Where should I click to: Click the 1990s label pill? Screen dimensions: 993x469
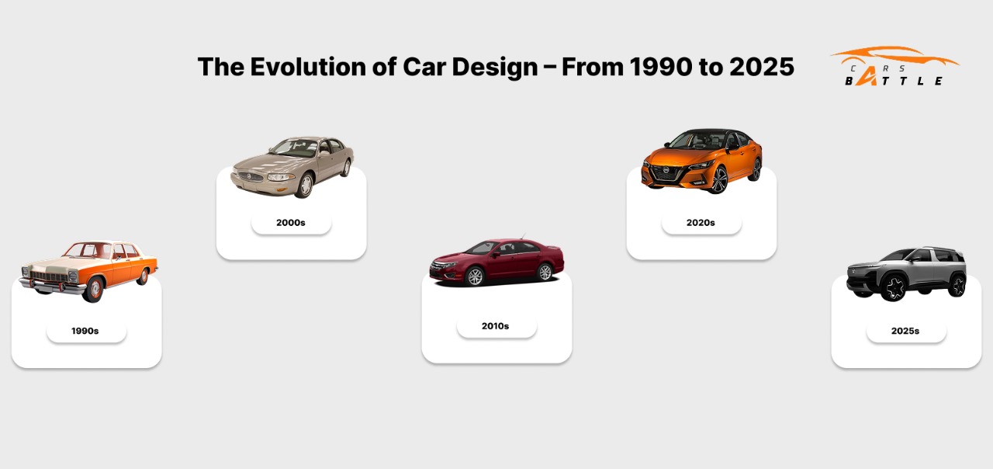[x=86, y=331]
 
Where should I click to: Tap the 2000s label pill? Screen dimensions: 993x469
[x=291, y=223]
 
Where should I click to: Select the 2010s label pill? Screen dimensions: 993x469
[x=497, y=326]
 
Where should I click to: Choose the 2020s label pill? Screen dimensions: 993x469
[x=702, y=223]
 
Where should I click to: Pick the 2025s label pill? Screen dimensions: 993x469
[x=907, y=331]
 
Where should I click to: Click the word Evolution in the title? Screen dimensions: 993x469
[x=309, y=67]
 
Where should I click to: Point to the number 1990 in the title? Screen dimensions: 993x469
[x=661, y=67]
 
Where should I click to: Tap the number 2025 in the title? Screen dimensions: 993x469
[x=762, y=67]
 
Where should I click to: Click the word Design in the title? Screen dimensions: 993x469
[x=495, y=68]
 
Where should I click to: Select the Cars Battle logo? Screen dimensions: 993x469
[x=894, y=66]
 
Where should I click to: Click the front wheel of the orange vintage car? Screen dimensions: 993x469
[x=93, y=290]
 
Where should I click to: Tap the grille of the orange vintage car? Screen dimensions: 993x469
[x=49, y=276]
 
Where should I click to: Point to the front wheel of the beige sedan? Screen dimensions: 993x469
[x=305, y=186]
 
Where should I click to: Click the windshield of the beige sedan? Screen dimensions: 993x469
[x=294, y=148]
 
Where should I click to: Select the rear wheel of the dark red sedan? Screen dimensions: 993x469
[x=545, y=272]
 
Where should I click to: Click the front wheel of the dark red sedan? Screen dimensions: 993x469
[x=475, y=276]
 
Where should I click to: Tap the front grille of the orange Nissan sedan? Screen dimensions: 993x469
[x=666, y=172]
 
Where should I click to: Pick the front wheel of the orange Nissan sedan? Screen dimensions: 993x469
[x=719, y=179]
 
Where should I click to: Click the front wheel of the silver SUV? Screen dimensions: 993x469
[x=894, y=287]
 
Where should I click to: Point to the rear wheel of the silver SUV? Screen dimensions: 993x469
[x=958, y=285]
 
